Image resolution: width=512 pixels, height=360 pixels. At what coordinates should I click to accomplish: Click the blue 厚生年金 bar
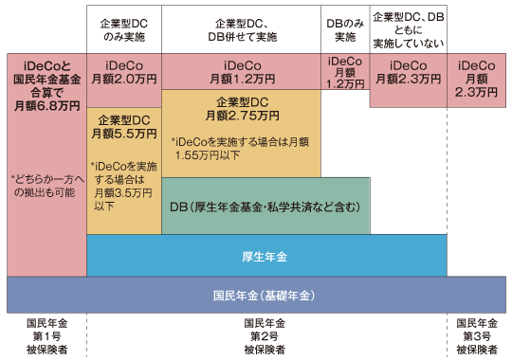(x=266, y=256)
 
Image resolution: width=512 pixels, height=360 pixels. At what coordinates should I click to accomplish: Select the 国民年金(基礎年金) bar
(x=257, y=295)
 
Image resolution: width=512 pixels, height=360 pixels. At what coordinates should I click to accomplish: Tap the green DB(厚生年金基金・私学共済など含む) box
(x=265, y=205)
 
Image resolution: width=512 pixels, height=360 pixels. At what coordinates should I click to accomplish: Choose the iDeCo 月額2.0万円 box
(x=123, y=72)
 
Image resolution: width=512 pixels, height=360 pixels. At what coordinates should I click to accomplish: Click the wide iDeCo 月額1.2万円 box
(x=243, y=71)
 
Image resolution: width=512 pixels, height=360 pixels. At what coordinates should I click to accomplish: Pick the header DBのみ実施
(x=344, y=30)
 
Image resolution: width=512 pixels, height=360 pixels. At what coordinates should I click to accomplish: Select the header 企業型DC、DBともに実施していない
(x=410, y=29)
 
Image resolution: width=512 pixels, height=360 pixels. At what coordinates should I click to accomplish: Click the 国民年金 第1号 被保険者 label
(x=45, y=335)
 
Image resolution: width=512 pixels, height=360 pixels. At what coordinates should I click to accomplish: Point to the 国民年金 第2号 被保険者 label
(x=266, y=335)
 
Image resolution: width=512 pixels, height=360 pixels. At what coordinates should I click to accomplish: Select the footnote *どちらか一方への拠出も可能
(x=46, y=186)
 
